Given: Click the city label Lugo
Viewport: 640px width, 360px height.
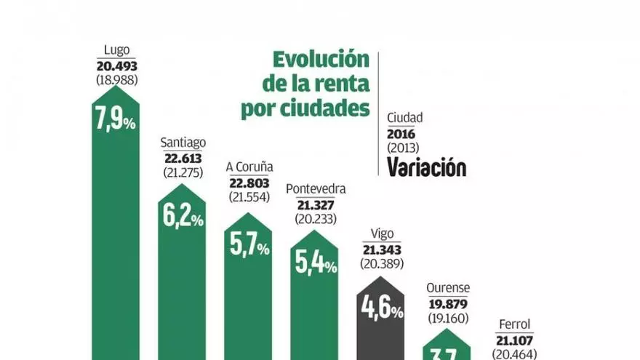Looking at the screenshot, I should [116, 50].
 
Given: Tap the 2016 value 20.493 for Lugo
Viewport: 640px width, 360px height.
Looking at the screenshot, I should [116, 65].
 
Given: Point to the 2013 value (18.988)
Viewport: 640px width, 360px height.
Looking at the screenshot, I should [116, 79].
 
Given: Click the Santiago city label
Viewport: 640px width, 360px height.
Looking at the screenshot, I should [182, 143].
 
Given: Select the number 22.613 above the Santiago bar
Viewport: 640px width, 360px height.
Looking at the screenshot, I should [182, 159].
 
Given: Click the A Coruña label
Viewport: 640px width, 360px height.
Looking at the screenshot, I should [249, 167].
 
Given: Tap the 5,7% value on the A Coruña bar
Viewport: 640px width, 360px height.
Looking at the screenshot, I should [249, 247].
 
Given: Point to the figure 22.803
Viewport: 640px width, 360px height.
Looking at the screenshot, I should [249, 182].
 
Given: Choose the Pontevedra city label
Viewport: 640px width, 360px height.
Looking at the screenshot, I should [315, 189].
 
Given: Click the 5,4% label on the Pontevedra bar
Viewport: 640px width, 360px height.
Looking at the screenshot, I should [315, 264].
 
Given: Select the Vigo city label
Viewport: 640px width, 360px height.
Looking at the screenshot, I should [382, 233].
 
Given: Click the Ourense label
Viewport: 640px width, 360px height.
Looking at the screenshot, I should [448, 288].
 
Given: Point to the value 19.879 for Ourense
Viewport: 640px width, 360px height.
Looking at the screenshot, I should [448, 303].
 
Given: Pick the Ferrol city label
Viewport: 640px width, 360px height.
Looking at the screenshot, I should [514, 324].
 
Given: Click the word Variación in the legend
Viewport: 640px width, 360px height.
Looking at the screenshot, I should [426, 168].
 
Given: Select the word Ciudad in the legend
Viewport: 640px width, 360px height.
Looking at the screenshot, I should [405, 117].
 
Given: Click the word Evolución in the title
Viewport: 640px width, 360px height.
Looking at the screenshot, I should [320, 60].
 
